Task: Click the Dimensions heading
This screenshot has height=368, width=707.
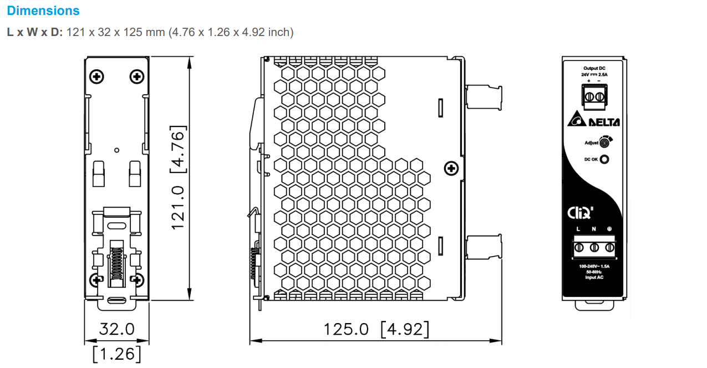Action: pos(43,11)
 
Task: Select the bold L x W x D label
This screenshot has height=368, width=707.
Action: pos(34,32)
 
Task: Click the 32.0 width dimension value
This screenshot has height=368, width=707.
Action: pos(116,329)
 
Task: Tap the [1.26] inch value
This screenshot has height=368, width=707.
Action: pos(116,353)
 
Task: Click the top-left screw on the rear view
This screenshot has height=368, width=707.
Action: pos(97,76)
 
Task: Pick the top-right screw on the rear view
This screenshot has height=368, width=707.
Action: pos(136,76)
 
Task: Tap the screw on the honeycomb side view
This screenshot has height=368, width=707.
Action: pos(452,167)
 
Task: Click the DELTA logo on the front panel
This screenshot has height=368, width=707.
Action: pos(594,121)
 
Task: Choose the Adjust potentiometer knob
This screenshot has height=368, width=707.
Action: pos(604,142)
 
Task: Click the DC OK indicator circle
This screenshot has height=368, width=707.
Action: pos(604,160)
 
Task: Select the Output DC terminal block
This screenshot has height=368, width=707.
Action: pos(593,96)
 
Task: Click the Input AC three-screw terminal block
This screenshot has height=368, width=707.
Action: pos(593,247)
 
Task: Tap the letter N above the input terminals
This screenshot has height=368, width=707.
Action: pos(593,229)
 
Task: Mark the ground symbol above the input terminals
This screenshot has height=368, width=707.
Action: pos(609,229)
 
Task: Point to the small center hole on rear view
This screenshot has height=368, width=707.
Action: pos(116,150)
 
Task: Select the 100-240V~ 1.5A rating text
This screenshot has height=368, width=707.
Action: pos(593,267)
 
